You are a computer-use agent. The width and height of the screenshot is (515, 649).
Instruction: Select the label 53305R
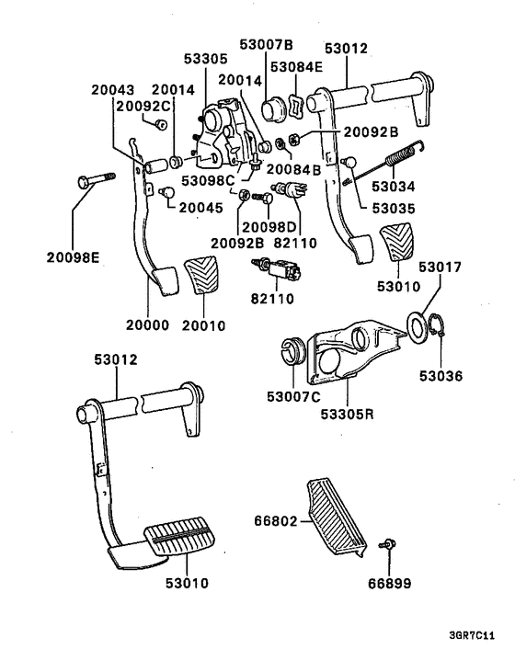pyautogui.click(x=348, y=415)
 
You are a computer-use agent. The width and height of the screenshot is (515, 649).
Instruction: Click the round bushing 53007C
pyautogui.click(x=293, y=352)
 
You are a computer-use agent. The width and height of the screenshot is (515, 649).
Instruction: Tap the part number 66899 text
pyautogui.click(x=391, y=584)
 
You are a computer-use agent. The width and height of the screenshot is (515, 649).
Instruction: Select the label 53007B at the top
pyautogui.click(x=266, y=44)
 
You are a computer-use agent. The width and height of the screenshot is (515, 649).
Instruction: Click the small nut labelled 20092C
pyautogui.click(x=160, y=124)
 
